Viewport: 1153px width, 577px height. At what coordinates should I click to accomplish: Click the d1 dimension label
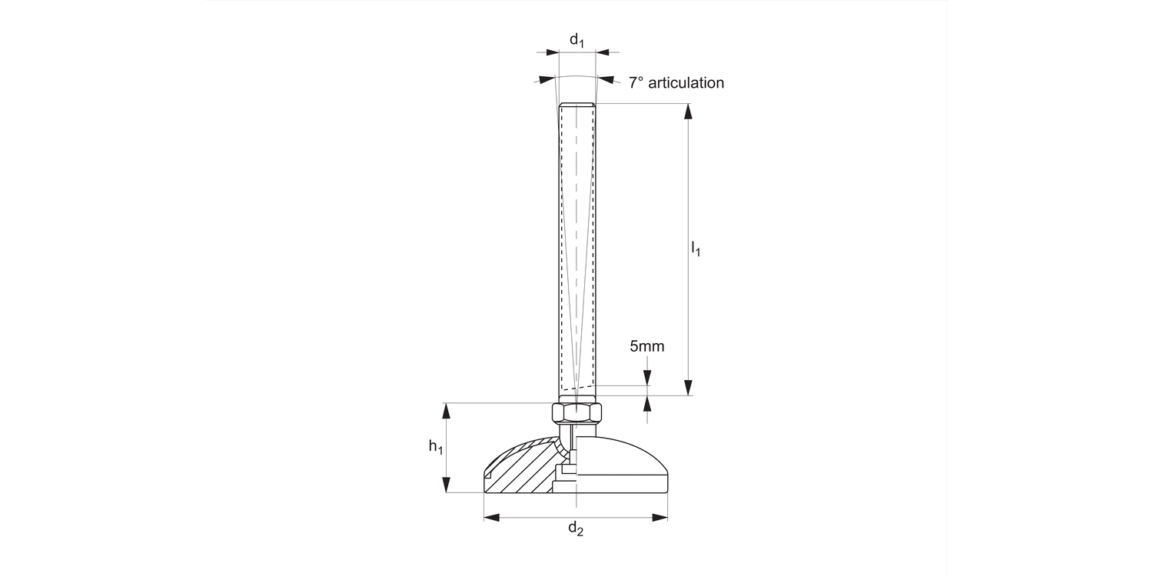click(x=577, y=39)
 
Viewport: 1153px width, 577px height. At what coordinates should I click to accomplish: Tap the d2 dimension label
click(x=576, y=529)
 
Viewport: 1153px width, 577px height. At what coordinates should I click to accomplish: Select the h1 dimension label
click(x=436, y=446)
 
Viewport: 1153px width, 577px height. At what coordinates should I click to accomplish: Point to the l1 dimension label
click(x=696, y=248)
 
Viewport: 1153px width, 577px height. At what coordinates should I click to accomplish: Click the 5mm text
click(x=646, y=346)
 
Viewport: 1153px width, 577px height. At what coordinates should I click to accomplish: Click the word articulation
click(x=686, y=83)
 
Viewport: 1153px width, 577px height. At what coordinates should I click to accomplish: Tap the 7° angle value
click(x=636, y=83)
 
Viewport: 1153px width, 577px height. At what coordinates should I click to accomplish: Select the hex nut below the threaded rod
click(x=576, y=413)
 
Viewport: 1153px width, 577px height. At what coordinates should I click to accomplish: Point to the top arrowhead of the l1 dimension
click(x=689, y=111)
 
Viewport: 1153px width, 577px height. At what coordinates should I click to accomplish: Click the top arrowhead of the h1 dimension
click(x=446, y=410)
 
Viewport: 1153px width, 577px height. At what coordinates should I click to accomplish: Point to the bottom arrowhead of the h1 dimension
click(x=446, y=485)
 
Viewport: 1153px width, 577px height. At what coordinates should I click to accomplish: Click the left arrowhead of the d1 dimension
click(x=552, y=52)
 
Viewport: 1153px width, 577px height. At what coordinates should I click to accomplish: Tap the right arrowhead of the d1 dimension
click(x=603, y=52)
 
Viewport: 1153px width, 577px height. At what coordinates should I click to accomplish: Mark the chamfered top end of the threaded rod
click(x=576, y=105)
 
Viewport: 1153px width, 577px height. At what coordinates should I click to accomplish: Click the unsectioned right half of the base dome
click(x=623, y=465)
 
